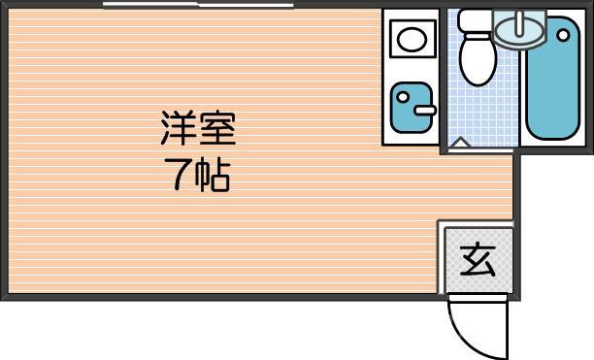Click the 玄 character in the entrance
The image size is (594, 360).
pyautogui.click(x=477, y=259)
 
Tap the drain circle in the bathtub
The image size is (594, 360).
pyautogui.click(x=563, y=35)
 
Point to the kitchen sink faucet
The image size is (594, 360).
pyautogui.click(x=425, y=109)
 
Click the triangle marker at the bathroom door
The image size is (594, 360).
pyautogui.click(x=461, y=145)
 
